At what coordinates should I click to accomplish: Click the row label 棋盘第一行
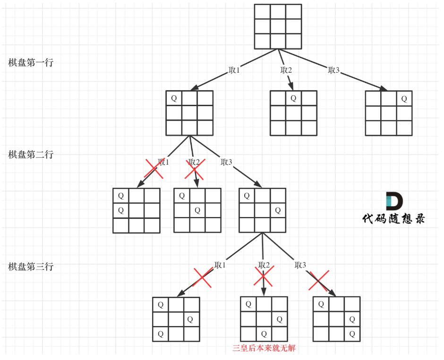[x=31, y=63]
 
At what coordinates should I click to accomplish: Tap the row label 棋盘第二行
[x=31, y=155]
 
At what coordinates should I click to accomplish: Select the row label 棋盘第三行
[x=31, y=267]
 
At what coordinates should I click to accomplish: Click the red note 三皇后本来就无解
[x=264, y=349]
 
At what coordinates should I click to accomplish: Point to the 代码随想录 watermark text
[x=393, y=218]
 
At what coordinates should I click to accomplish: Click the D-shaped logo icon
[x=394, y=201]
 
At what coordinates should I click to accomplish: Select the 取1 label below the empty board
[x=234, y=70]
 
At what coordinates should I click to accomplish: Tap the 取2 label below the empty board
[x=286, y=70]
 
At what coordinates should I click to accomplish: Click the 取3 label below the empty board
[x=334, y=70]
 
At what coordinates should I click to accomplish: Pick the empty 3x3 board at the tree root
[x=278, y=26]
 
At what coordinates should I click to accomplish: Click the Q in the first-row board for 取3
[x=404, y=99]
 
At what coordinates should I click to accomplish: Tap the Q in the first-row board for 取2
[x=293, y=98]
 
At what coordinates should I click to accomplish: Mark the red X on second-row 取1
[x=154, y=169]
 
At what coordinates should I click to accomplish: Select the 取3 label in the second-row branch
[x=226, y=162]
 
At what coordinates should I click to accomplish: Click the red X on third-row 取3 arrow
[x=319, y=281]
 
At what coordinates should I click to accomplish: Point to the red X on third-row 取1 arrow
[x=203, y=277]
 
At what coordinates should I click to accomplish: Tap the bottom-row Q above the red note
[x=264, y=334]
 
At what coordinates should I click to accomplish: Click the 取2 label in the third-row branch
[x=264, y=265]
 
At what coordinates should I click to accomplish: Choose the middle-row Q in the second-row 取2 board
[x=197, y=210]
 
